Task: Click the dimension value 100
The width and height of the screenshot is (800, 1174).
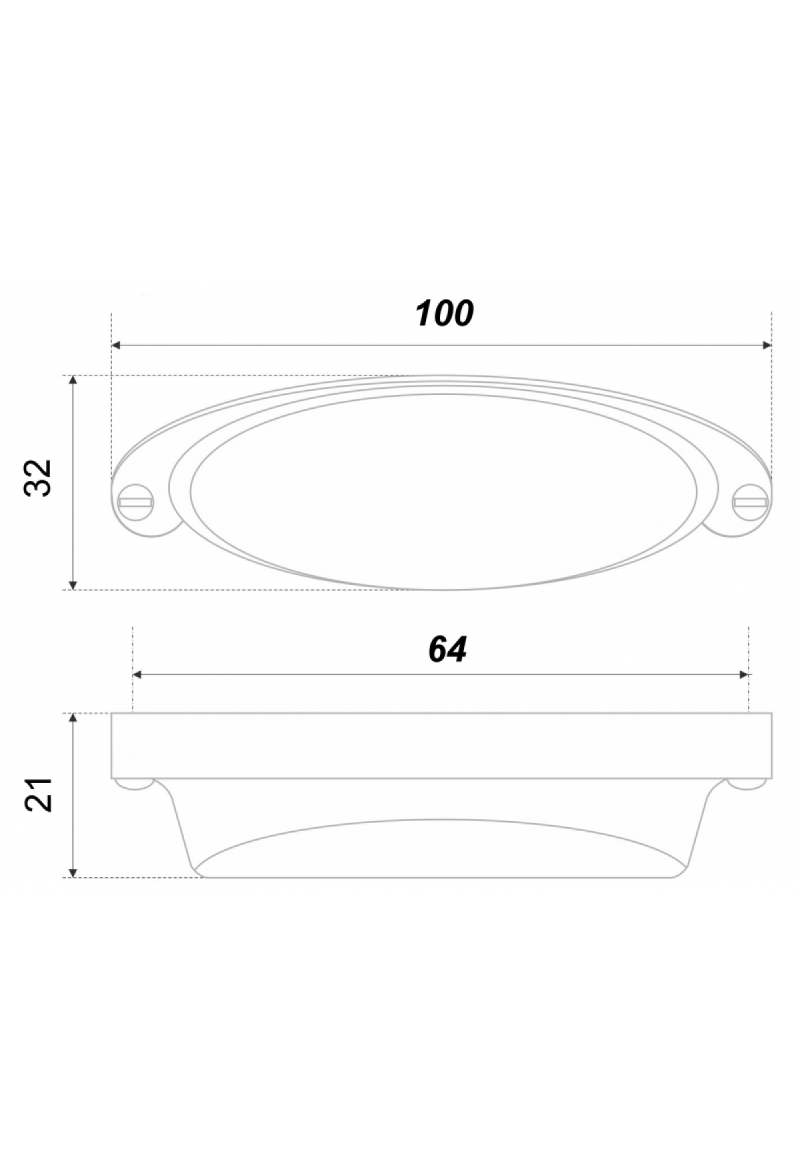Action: pos(445,313)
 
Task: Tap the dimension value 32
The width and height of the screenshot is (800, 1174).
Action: pos(37,477)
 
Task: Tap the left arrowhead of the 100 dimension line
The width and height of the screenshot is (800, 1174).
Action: pos(116,346)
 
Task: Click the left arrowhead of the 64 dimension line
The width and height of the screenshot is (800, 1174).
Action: pos(139,676)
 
